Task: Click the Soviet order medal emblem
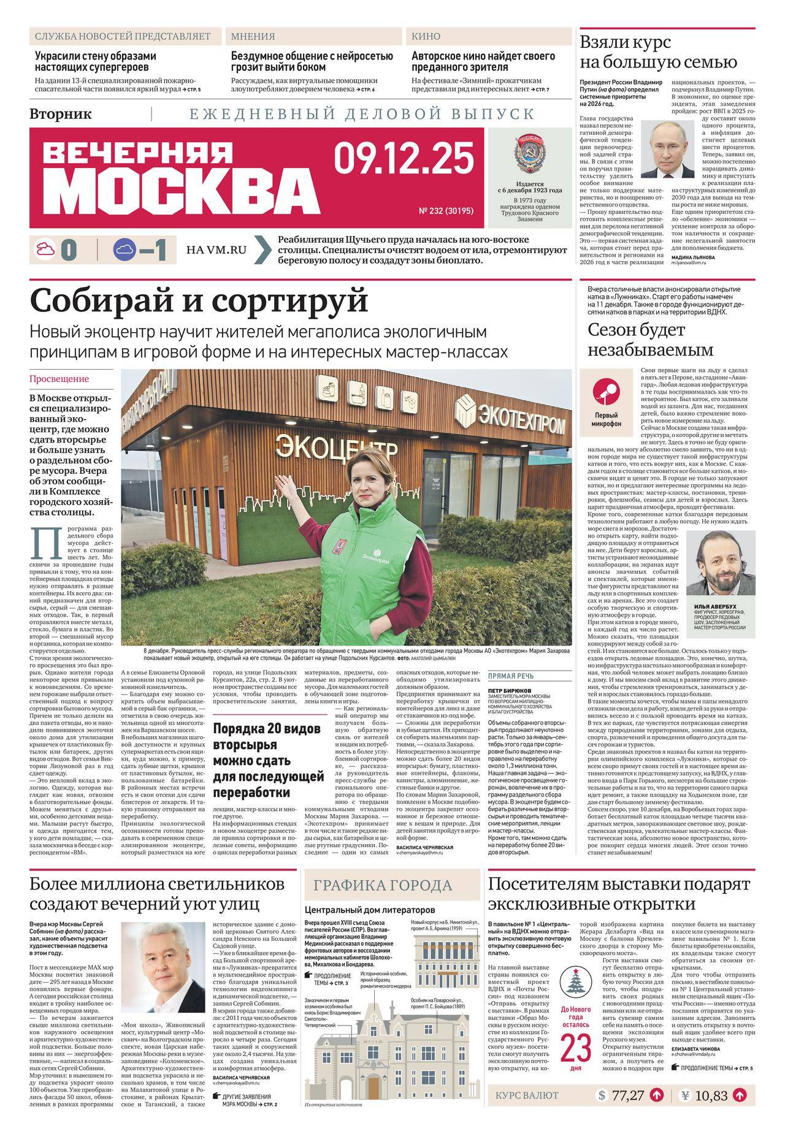[x=529, y=156]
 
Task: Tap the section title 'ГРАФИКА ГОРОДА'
[x=383, y=886]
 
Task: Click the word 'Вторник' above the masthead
[x=61, y=114]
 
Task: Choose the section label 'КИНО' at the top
[x=426, y=36]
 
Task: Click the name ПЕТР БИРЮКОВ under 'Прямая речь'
[x=508, y=690]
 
